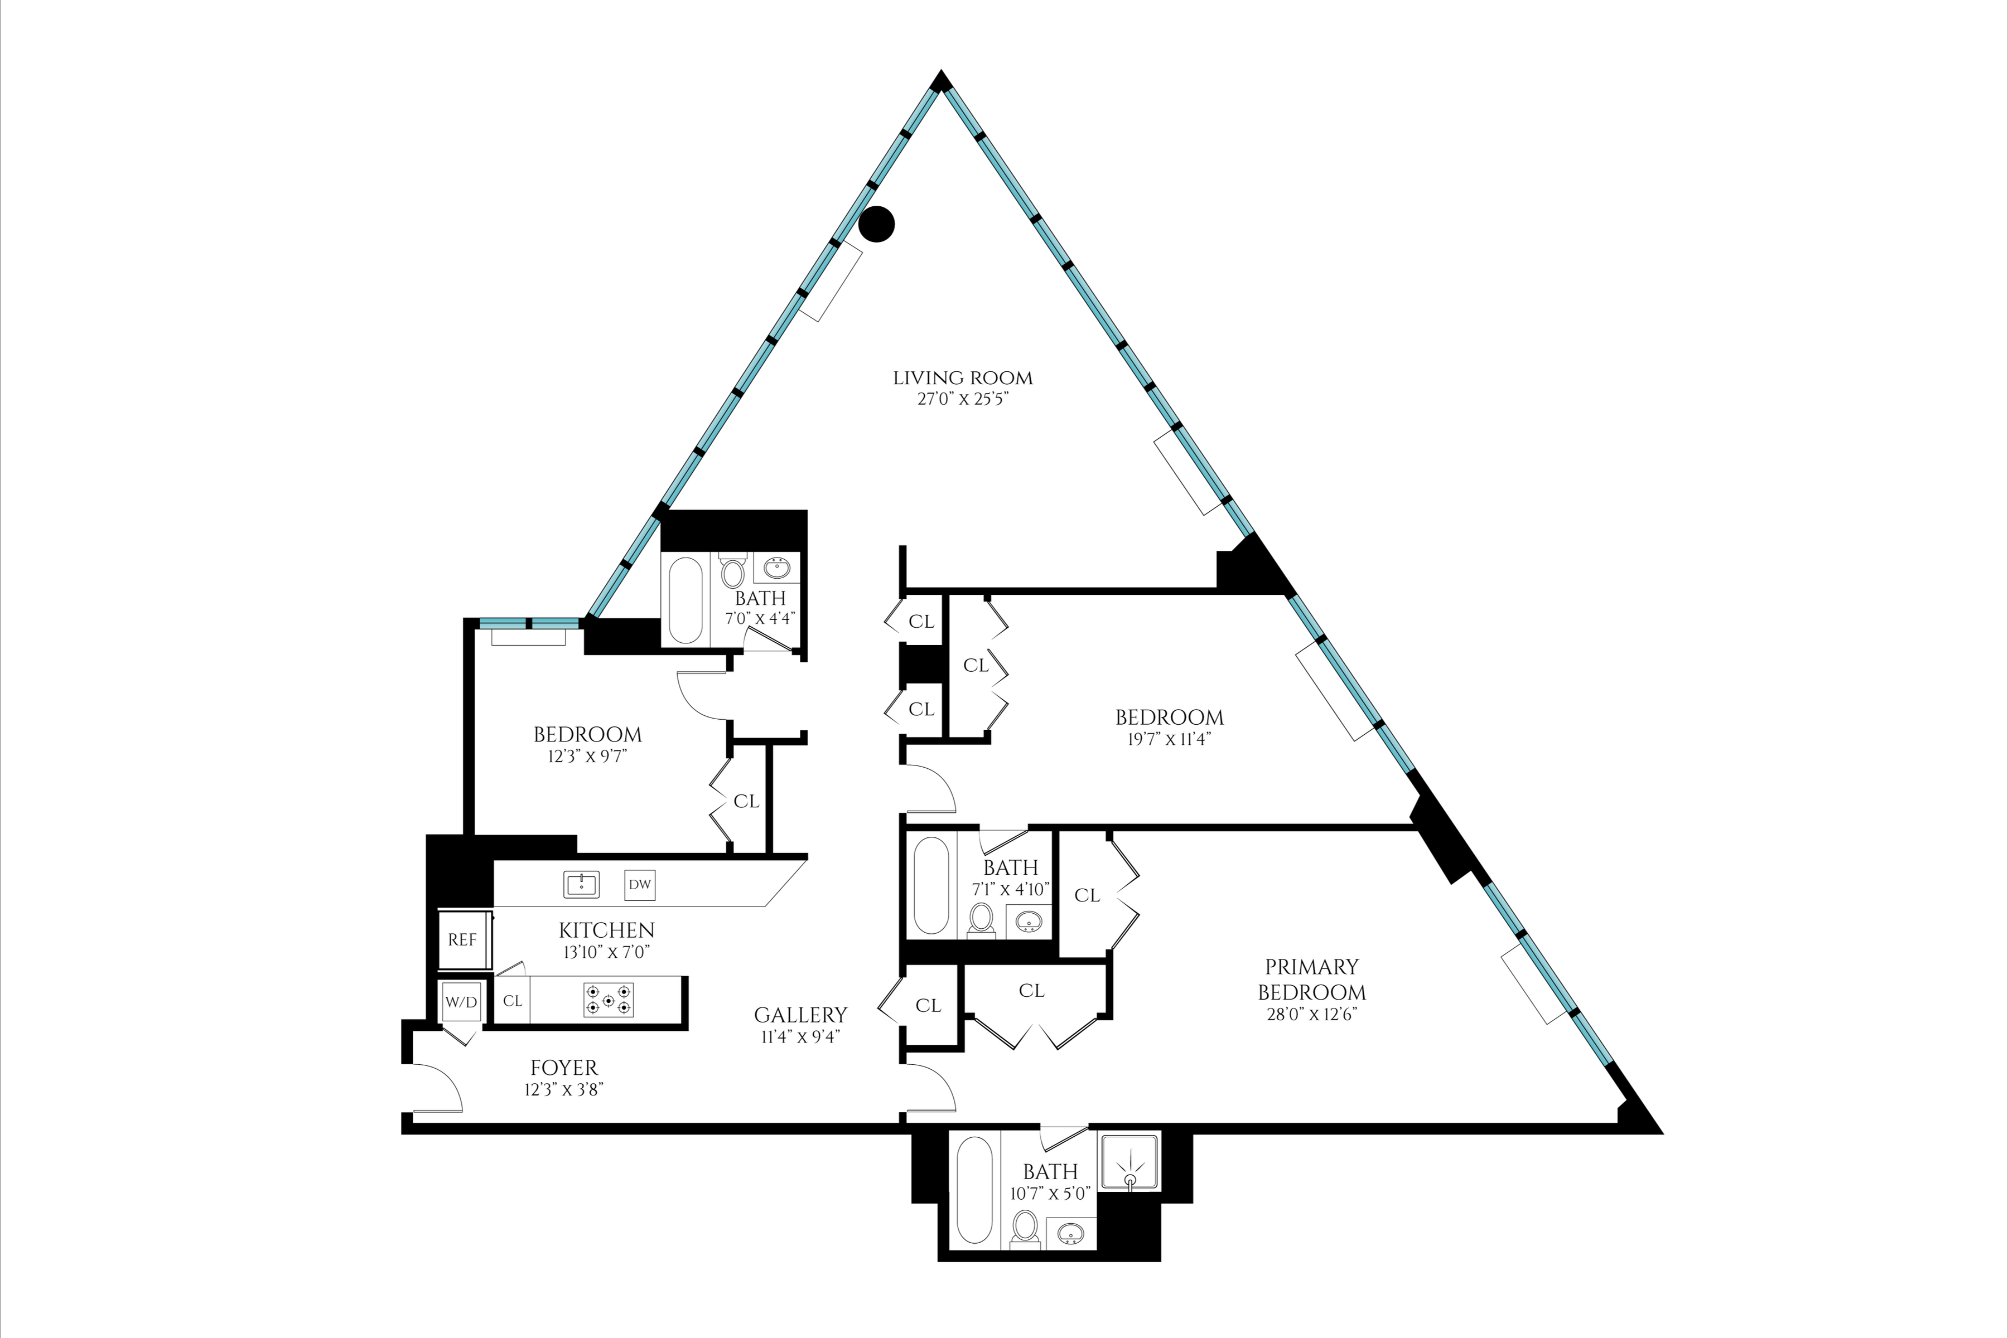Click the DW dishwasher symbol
(x=639, y=885)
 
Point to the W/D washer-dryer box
(x=461, y=1002)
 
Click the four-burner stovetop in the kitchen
(x=609, y=1000)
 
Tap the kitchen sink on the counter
(x=581, y=885)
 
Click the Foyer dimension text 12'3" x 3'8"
(x=564, y=1090)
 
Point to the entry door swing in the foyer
(x=438, y=1089)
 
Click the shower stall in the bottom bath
(x=1129, y=1161)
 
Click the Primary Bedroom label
(x=1311, y=980)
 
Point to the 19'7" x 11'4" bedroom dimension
(x=1169, y=739)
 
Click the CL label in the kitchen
(x=512, y=1001)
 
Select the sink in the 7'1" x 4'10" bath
(x=1030, y=921)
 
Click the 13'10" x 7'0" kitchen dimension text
(x=606, y=952)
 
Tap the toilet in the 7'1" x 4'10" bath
(x=982, y=920)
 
